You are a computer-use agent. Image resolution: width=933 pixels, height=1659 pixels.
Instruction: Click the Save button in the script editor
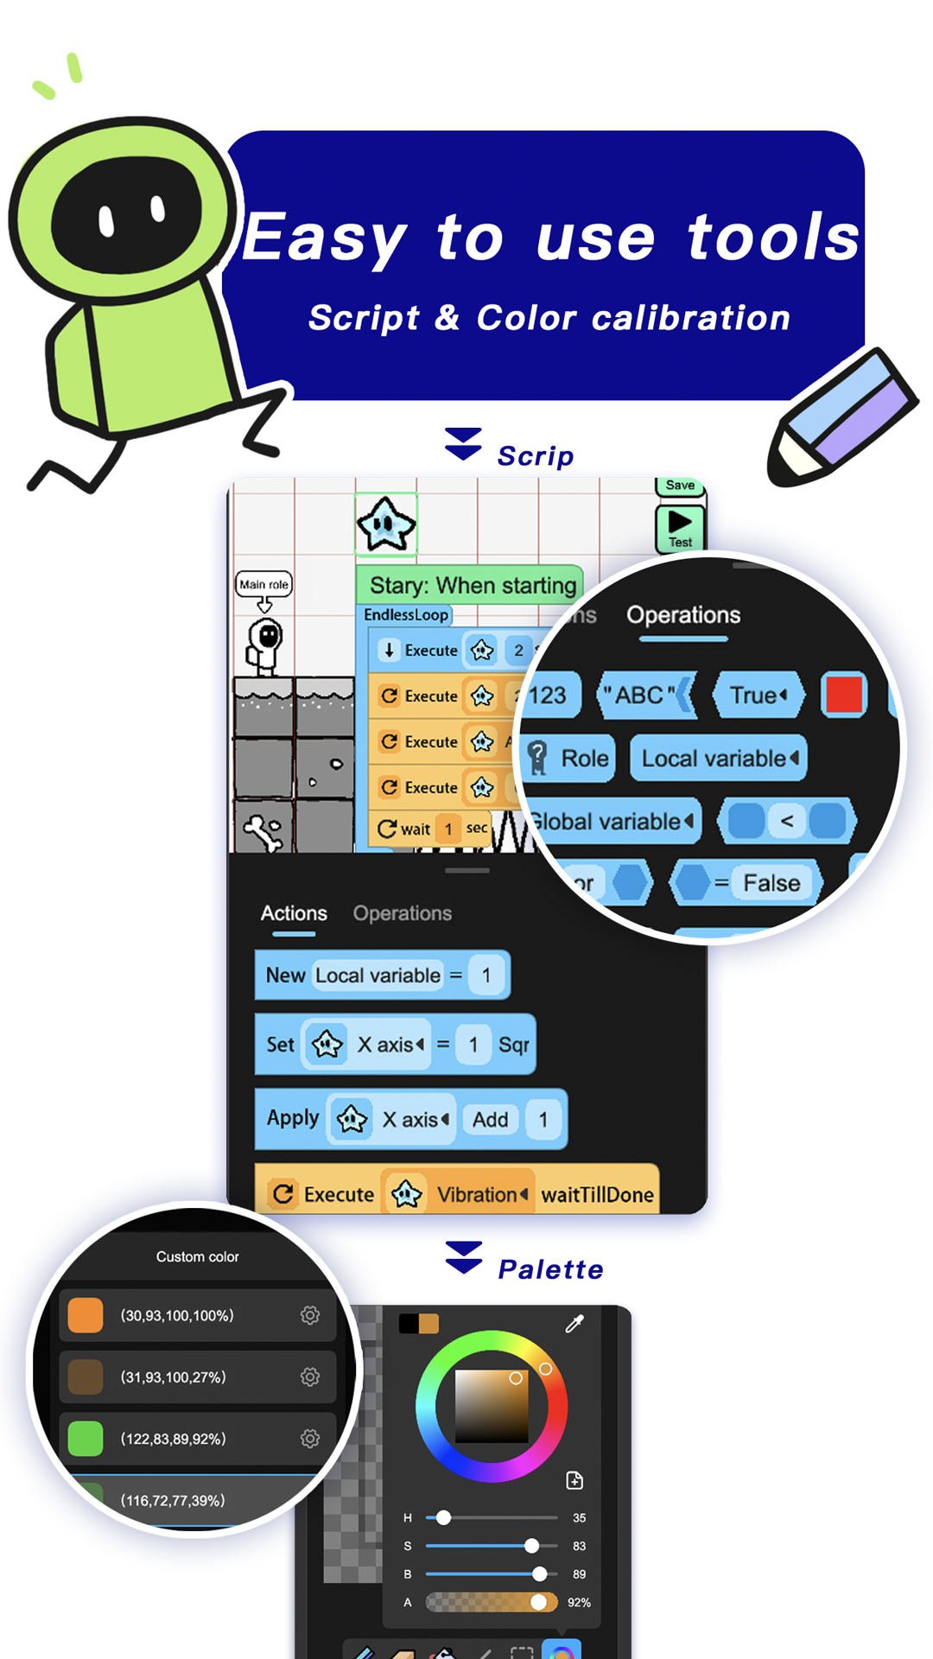pos(680,486)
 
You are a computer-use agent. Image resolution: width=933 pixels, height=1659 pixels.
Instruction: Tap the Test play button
pos(680,527)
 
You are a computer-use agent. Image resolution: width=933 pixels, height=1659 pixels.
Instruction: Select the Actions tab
pos(294,913)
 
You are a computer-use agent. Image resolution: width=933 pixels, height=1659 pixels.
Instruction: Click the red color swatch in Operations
pos(843,695)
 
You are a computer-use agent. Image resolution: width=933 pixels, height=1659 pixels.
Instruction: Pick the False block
pos(771,883)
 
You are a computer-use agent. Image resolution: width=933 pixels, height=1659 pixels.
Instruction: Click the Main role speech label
pos(263,584)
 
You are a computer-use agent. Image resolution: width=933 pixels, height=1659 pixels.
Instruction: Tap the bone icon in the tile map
pos(263,832)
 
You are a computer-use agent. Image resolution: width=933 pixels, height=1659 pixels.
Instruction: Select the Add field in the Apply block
pos(490,1120)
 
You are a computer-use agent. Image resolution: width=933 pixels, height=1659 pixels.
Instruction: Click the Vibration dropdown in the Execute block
pos(481,1195)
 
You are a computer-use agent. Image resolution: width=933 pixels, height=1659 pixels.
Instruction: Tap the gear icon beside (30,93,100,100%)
pos(310,1315)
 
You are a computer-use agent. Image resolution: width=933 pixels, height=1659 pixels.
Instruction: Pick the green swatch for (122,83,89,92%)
pos(86,1439)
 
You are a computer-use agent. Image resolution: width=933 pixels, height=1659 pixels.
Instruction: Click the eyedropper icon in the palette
pos(574,1324)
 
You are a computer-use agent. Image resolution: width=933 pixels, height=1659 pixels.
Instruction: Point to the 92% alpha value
pos(579,1603)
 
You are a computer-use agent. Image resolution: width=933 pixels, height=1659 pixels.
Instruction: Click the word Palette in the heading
pos(550,1269)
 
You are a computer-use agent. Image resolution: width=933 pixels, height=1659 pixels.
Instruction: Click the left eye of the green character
pos(106,219)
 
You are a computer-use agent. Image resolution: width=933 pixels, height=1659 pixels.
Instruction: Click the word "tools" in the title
pos(773,238)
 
